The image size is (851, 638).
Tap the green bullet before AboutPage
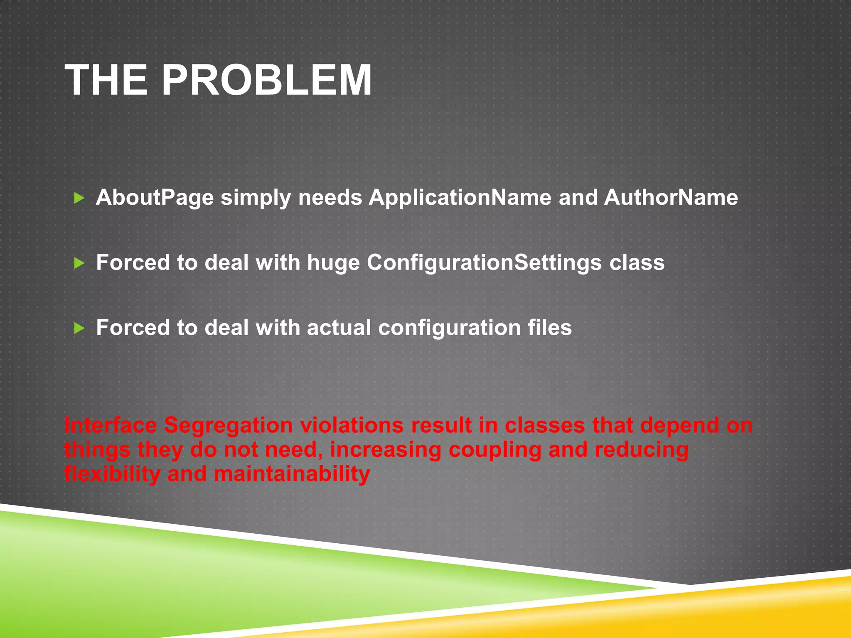tap(79, 198)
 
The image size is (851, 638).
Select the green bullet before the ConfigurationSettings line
tap(79, 263)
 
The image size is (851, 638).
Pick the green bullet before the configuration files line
tap(79, 329)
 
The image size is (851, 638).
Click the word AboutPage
tap(155, 198)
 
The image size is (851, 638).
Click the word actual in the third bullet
tap(339, 328)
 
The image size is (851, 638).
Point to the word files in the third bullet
tap(550, 328)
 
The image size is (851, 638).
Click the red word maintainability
tap(292, 474)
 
